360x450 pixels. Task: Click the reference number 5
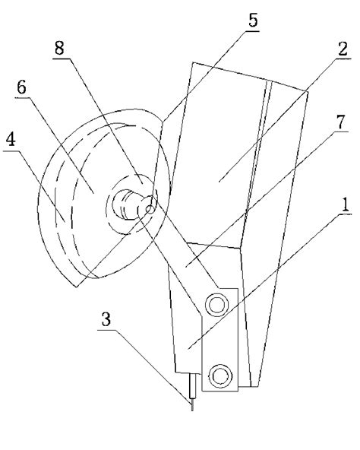tap(253, 20)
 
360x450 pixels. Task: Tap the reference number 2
tap(343, 49)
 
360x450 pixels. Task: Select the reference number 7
tap(341, 122)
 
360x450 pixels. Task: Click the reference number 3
tap(106, 319)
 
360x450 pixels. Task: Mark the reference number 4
tap(11, 140)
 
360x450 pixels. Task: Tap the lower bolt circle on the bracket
tap(220, 376)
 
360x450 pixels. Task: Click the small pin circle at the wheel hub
tap(150, 210)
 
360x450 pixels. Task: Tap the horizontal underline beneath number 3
tap(107, 330)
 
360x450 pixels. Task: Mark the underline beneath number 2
tap(343, 59)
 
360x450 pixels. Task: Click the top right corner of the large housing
tap(308, 91)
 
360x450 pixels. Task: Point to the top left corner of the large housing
tap(192, 62)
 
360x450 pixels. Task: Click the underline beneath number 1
tap(345, 214)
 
